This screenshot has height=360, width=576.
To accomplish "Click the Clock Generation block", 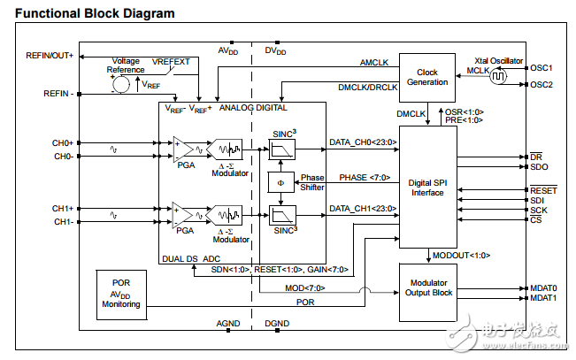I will click(x=427, y=78).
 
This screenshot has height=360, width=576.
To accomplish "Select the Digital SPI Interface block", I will click(x=427, y=188).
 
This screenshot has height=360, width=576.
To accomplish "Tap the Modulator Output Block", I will click(x=427, y=287).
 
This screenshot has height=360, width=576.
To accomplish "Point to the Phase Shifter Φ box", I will click(x=280, y=182).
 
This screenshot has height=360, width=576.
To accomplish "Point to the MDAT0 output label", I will click(x=543, y=287).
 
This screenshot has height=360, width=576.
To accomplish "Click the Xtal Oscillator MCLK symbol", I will click(x=497, y=76).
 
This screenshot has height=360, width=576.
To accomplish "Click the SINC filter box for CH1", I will click(x=280, y=215).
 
